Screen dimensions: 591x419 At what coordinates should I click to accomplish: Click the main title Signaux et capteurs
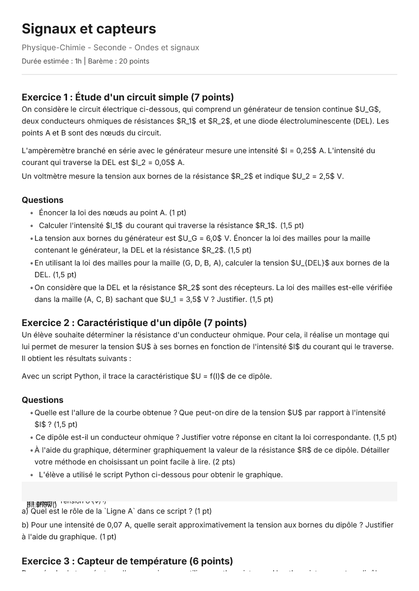(x=89, y=29)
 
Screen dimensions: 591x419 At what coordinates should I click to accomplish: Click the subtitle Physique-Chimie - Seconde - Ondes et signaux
(x=110, y=48)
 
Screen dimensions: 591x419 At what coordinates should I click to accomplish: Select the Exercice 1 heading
(x=128, y=97)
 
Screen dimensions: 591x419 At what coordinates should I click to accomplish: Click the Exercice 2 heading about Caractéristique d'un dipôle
(x=134, y=323)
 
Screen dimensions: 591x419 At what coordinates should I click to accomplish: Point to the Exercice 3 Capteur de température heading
(x=127, y=561)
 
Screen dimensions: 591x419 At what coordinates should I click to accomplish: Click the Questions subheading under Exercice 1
(x=42, y=200)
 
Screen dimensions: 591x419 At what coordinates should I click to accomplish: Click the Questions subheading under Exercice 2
(x=42, y=400)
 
